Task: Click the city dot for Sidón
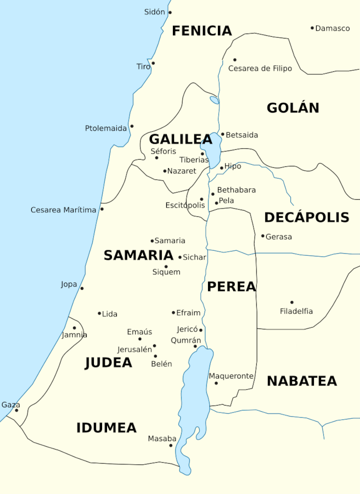(x=170, y=12)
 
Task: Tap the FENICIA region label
(x=202, y=31)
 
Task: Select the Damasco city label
(x=333, y=28)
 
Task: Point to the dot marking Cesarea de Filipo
(x=234, y=60)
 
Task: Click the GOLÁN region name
(x=292, y=108)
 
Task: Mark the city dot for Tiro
(x=153, y=63)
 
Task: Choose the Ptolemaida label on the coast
(x=106, y=128)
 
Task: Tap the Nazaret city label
(x=182, y=171)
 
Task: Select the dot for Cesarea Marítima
(x=102, y=209)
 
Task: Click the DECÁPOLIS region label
(x=306, y=217)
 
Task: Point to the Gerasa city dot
(x=263, y=236)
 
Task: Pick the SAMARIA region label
(x=138, y=255)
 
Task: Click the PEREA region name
(x=231, y=287)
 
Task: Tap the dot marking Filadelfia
(x=291, y=302)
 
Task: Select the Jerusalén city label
(x=134, y=350)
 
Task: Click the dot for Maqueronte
(x=216, y=383)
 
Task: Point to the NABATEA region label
(x=301, y=381)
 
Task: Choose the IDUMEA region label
(x=106, y=428)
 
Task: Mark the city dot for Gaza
(x=16, y=410)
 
